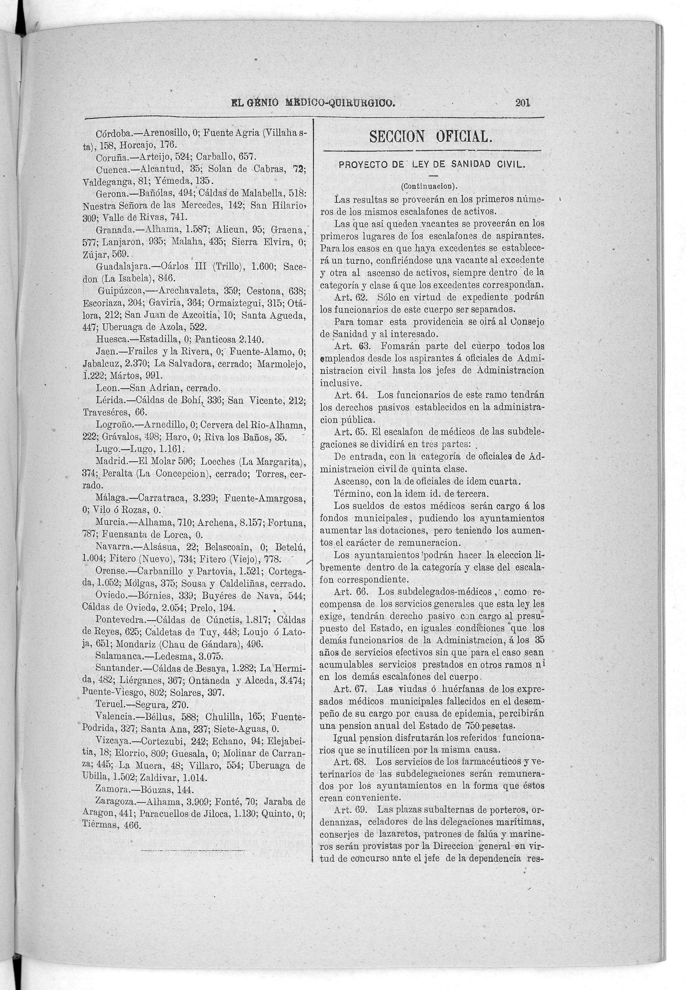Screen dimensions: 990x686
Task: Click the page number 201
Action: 523,103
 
